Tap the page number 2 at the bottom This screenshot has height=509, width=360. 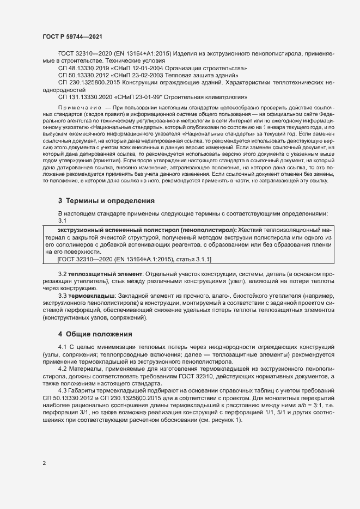coord(44,463)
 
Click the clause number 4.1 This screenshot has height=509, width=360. coord(62,347)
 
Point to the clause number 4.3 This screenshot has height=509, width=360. coord(62,391)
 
